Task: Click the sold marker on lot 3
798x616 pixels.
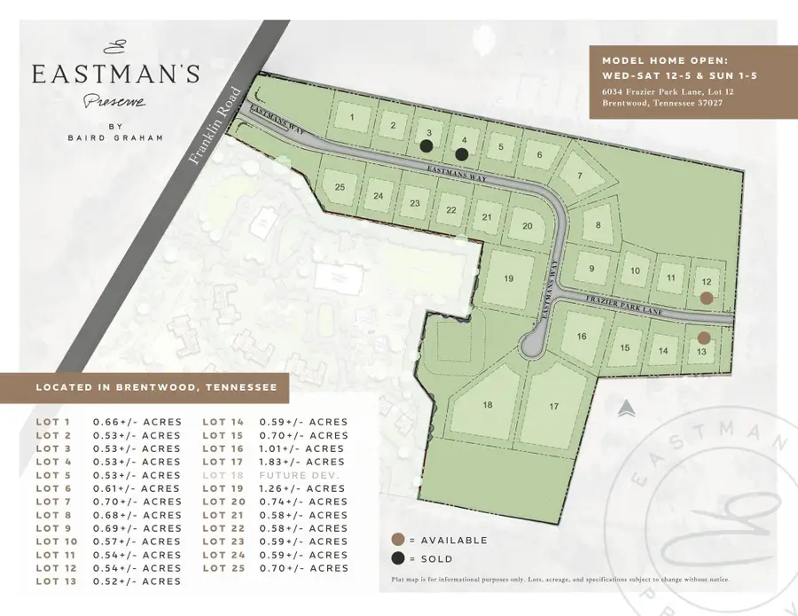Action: click(x=426, y=147)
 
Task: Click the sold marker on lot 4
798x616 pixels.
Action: click(x=461, y=153)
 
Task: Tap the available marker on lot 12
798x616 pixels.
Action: click(x=706, y=299)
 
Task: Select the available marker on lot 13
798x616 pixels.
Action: click(x=703, y=338)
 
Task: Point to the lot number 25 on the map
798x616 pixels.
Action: click(x=339, y=187)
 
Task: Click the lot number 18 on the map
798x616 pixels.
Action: click(x=487, y=405)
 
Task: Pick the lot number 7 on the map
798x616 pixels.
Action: click(x=580, y=175)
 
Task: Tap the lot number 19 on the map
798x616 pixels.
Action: click(x=508, y=278)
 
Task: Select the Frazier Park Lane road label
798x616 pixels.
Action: click(x=624, y=304)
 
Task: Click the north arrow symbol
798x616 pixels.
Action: click(x=626, y=408)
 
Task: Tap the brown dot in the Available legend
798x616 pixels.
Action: click(x=399, y=540)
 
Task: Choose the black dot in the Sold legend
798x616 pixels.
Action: click(x=399, y=558)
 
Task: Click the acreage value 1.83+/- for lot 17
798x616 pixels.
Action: click(x=301, y=462)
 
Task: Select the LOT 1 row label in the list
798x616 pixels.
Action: click(x=53, y=422)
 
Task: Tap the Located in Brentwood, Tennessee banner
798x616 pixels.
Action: click(x=155, y=387)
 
